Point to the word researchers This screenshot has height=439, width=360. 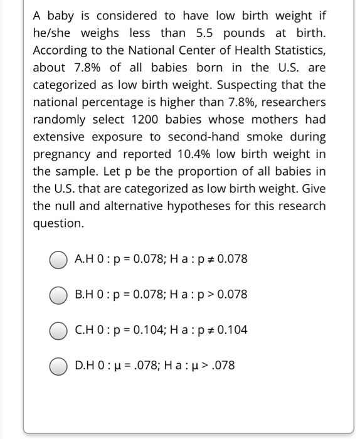coord(294,102)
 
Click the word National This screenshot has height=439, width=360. coord(142,50)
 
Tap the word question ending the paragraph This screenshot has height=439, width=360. coord(57,223)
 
